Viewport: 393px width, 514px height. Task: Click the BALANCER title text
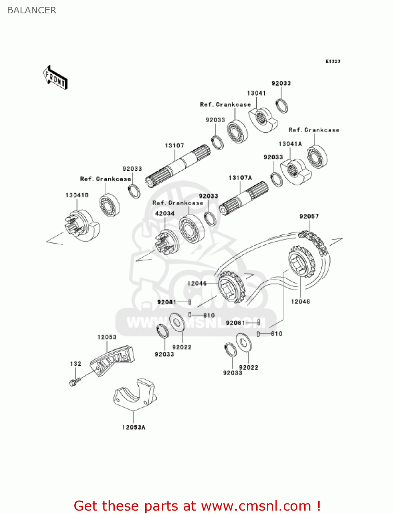coord(32,10)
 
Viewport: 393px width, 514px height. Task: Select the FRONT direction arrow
coord(55,78)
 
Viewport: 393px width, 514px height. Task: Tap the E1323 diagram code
coord(332,61)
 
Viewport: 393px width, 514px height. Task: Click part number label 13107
coord(174,146)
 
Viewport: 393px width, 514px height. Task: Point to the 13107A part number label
coord(240,178)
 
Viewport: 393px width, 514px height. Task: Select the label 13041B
coord(77,195)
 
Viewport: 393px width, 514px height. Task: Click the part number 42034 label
coord(165,213)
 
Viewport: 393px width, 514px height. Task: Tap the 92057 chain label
coord(309,216)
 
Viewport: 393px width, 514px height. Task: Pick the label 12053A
coord(134,427)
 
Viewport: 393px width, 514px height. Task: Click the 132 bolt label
coord(75,364)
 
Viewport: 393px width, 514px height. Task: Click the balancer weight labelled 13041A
coord(296,171)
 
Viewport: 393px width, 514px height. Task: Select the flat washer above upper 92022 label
coord(177,322)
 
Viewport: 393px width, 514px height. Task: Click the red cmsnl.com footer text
coord(197,506)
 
